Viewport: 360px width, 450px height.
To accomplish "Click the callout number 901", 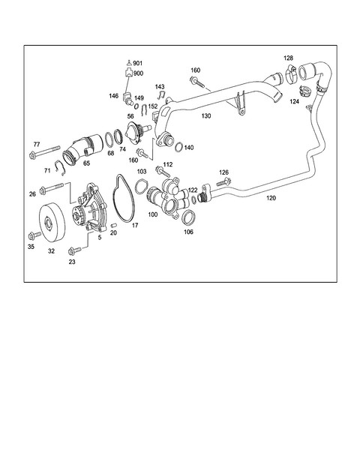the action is (x=138, y=63).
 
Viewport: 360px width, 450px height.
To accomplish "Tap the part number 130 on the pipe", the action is (x=206, y=116).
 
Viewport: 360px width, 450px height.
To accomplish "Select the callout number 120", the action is (x=271, y=198).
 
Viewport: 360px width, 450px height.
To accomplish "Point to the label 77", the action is (x=37, y=144).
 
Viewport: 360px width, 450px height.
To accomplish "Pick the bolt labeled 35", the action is (x=34, y=236).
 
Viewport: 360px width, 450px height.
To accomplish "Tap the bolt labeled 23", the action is (x=74, y=251).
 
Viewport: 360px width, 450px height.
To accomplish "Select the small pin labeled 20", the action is (x=113, y=225).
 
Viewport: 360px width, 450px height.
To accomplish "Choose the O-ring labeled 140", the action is (x=178, y=146).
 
